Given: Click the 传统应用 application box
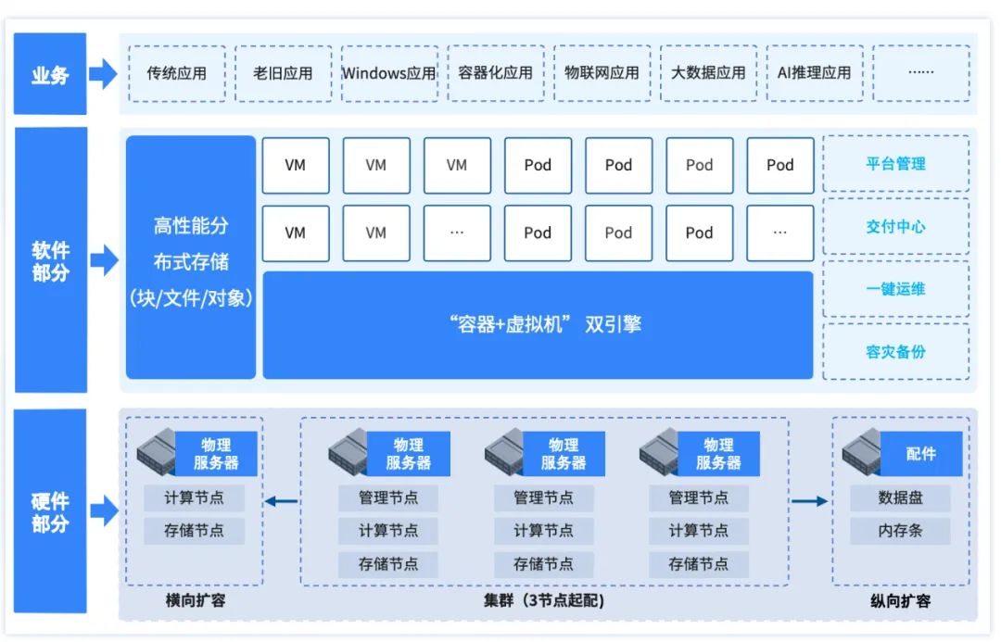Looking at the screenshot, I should click(x=177, y=73).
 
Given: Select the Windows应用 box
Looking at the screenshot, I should click(x=388, y=73).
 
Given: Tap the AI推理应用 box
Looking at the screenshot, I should click(x=814, y=73).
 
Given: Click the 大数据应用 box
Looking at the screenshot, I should click(x=708, y=73).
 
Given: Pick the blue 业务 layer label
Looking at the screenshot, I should click(x=50, y=74).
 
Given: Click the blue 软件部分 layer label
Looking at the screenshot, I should click(x=50, y=261).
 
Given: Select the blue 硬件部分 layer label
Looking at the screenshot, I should click(x=50, y=511).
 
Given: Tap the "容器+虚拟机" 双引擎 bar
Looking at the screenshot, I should click(x=538, y=325).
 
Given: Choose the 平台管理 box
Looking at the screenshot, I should click(x=895, y=164).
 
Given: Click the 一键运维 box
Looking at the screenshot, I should click(x=895, y=289).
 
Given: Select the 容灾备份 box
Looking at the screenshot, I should click(x=895, y=352).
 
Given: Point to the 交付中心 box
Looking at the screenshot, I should click(x=895, y=226).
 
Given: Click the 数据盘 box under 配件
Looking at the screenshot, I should click(x=900, y=497).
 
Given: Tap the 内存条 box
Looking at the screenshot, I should click(x=900, y=532).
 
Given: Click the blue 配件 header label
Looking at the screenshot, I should click(x=920, y=454).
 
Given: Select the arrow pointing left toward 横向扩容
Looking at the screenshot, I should click(x=281, y=502).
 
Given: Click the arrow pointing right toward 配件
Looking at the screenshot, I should click(x=809, y=502).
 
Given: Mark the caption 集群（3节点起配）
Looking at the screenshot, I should click(x=544, y=600).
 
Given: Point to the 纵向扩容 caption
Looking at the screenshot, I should click(x=900, y=600).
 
